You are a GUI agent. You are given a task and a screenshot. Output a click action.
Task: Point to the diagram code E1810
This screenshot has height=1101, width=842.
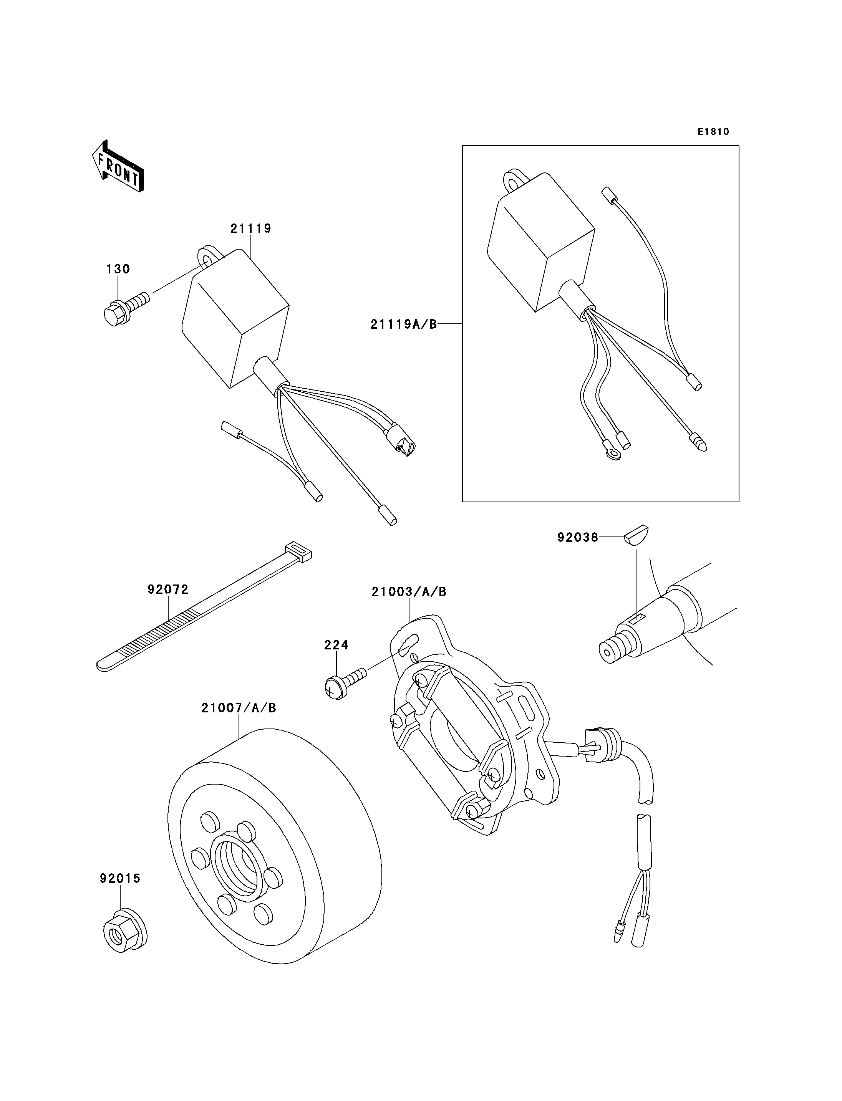pos(713,132)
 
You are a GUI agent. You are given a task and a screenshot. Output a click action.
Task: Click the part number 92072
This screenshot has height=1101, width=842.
pos(168,589)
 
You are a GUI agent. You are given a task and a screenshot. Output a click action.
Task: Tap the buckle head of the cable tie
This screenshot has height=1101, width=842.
pos(298,552)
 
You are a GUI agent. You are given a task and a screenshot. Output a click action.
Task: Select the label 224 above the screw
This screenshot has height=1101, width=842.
pos(336,644)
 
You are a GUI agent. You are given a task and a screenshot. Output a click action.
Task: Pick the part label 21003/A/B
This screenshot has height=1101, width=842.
pos(409,592)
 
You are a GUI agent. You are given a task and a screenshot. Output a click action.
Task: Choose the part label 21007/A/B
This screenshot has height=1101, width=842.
pos(239,708)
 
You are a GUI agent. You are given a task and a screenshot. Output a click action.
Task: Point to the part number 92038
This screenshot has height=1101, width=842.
pos(578,537)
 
